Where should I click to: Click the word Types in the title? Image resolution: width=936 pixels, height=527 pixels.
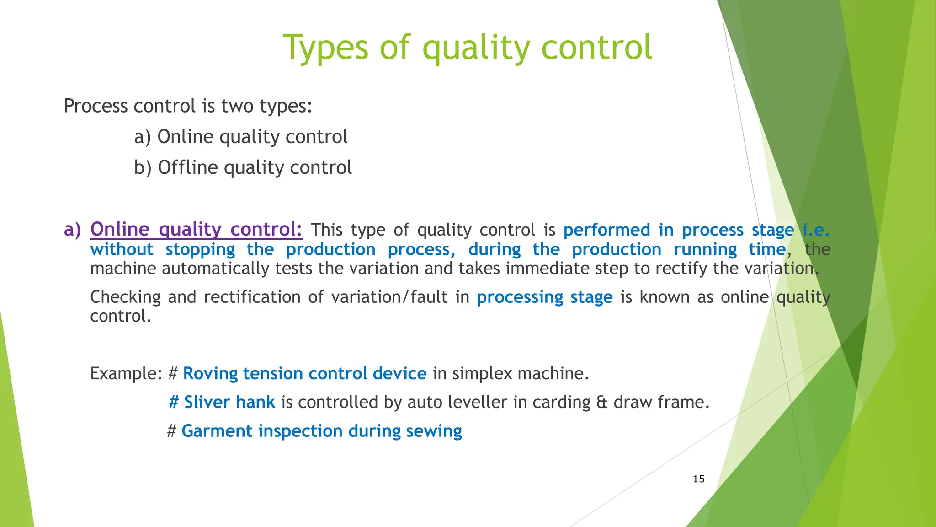(x=325, y=48)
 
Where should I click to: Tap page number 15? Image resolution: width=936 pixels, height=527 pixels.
(x=698, y=479)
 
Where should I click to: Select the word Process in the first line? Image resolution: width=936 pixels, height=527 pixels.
(x=96, y=106)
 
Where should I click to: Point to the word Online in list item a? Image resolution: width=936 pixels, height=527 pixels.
(x=186, y=137)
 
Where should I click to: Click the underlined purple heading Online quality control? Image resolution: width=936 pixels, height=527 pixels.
(x=196, y=229)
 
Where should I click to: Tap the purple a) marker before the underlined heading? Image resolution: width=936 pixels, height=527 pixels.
(x=72, y=229)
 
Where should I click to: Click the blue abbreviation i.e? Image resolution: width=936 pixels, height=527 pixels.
(x=816, y=230)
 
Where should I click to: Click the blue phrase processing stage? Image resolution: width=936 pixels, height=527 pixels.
(x=544, y=297)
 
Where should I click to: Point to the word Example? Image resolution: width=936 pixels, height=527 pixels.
(x=126, y=374)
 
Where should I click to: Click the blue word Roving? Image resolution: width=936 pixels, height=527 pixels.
(x=210, y=374)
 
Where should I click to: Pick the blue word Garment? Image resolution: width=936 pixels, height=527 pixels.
(x=216, y=431)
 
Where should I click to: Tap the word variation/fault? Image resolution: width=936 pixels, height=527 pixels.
(x=389, y=297)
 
